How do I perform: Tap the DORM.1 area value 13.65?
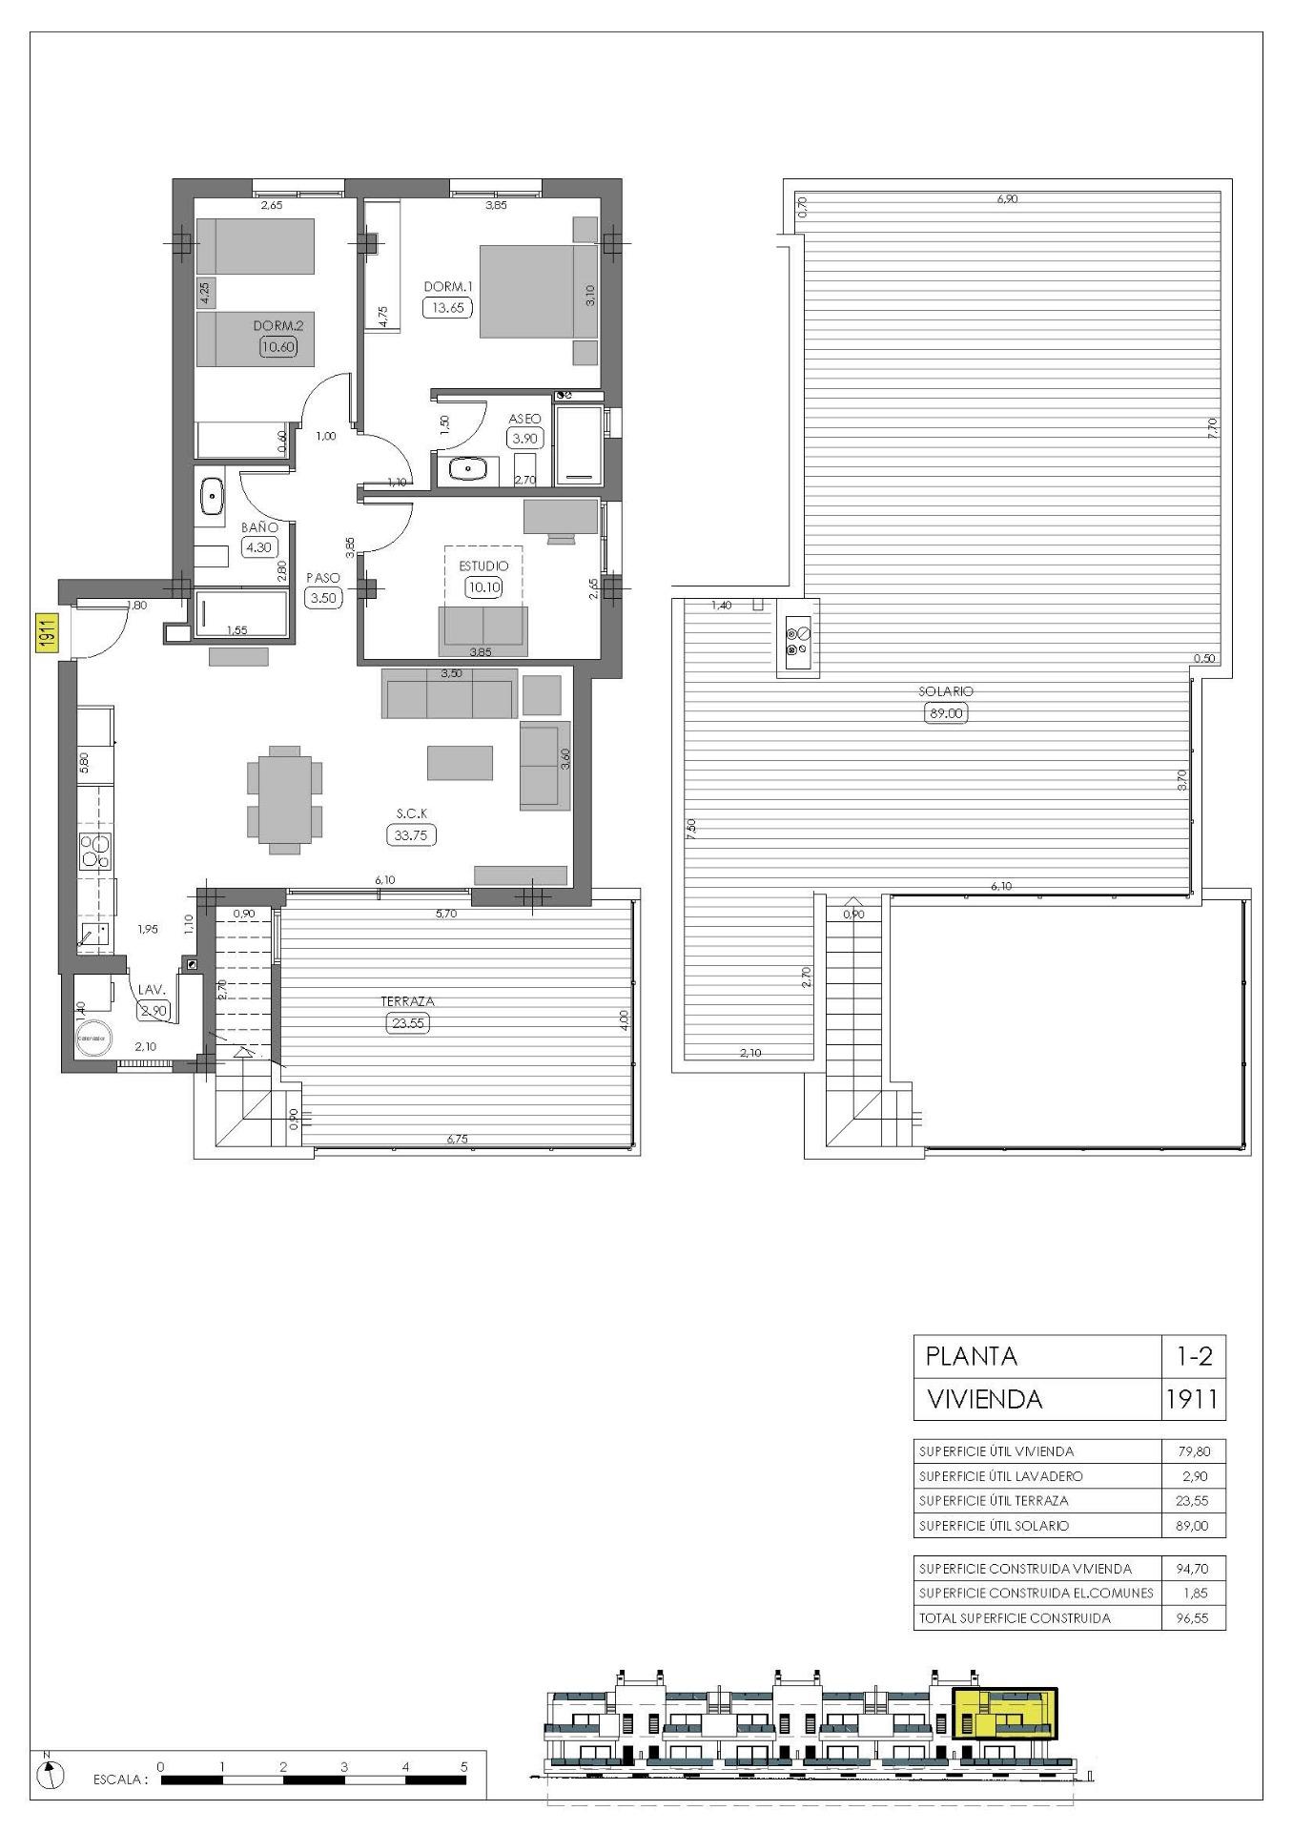[x=447, y=307]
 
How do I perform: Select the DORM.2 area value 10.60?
[x=278, y=347]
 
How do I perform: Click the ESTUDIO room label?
[x=483, y=566]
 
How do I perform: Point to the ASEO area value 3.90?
[x=524, y=439]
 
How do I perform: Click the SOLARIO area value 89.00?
[x=945, y=712]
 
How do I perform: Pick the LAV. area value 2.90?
[x=153, y=1010]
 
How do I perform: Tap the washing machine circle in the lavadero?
[x=92, y=1039]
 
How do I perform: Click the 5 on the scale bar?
[x=464, y=1766]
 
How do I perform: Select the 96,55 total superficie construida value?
[x=1192, y=1618]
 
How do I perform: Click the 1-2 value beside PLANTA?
[x=1192, y=1355]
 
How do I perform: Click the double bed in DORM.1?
[x=526, y=291]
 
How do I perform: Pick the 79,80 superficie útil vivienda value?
[x=1192, y=1451]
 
